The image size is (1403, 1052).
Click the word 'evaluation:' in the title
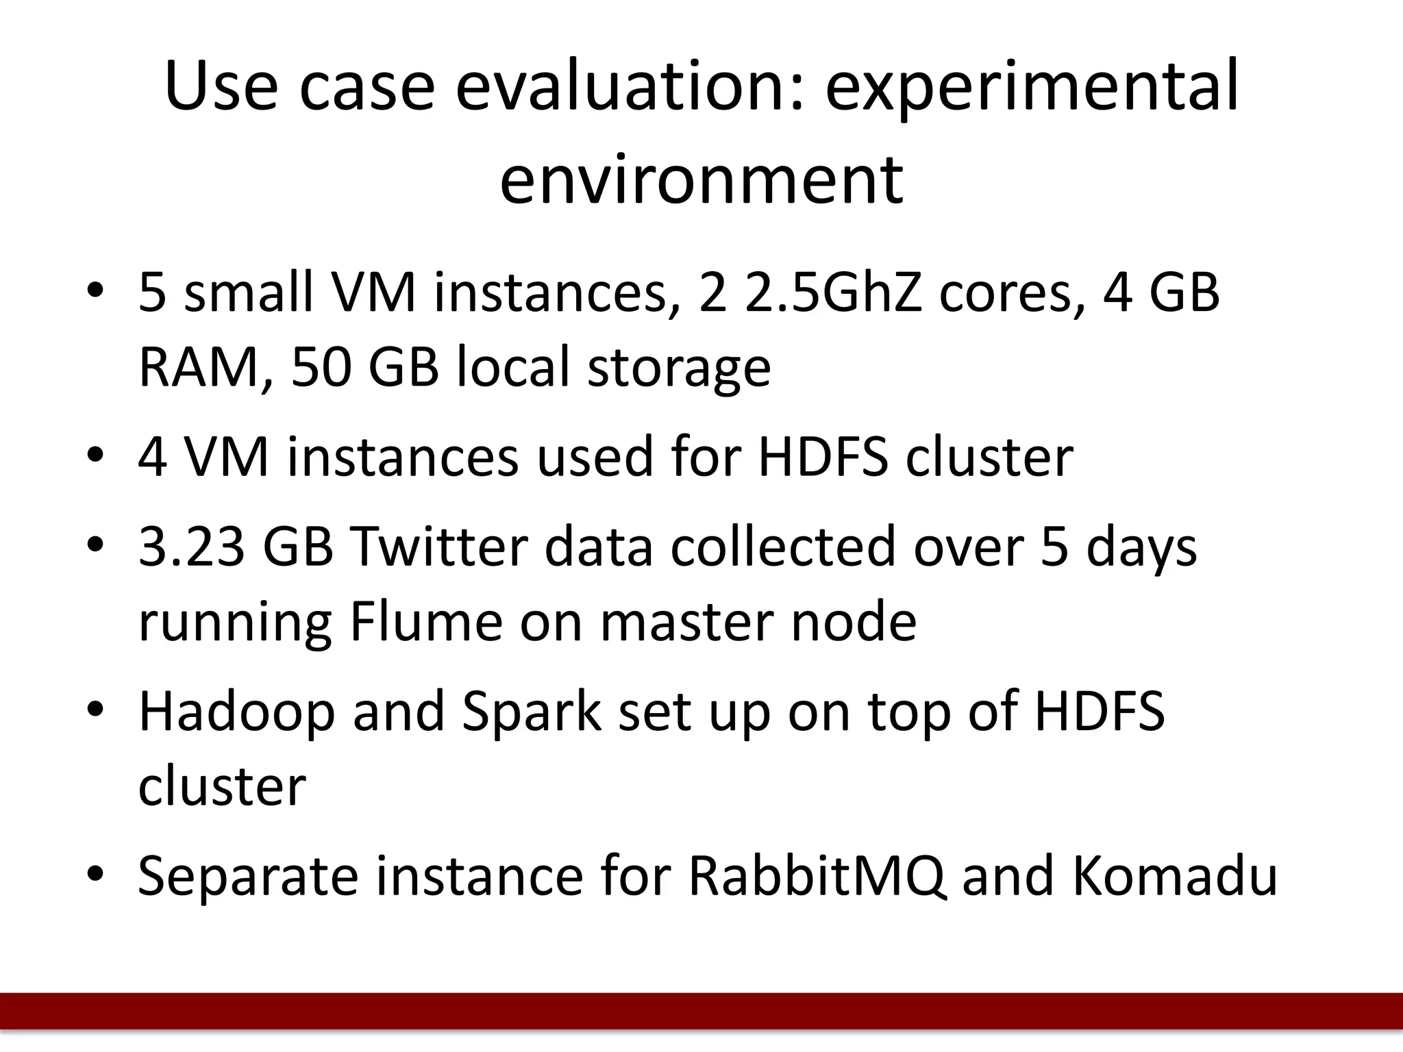[629, 87]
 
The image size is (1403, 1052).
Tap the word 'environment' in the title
[701, 179]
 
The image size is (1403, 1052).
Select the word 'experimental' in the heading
[1032, 87]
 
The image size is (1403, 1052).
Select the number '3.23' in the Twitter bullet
[192, 547]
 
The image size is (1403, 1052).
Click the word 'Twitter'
[438, 547]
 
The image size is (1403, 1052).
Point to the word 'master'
[686, 621]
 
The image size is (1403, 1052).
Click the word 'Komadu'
[1174, 876]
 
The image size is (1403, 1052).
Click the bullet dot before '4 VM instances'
[95, 455]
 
